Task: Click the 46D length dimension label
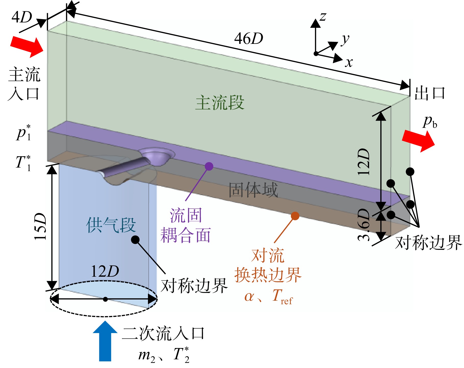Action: [x=249, y=39]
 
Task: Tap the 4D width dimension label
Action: [x=22, y=17]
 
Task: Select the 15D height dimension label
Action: [x=41, y=226]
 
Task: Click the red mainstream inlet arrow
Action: [x=27, y=47]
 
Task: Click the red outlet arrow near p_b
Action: [x=418, y=141]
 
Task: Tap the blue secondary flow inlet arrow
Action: [x=105, y=341]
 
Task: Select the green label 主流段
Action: [x=220, y=103]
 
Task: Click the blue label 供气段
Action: [x=111, y=225]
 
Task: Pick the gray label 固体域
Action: [x=253, y=190]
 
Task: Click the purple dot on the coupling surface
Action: [x=209, y=166]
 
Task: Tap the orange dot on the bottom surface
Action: [x=295, y=216]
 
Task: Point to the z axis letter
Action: [x=323, y=17]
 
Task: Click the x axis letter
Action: [x=349, y=62]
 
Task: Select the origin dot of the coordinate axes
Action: [x=316, y=54]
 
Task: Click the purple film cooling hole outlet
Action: [x=156, y=156]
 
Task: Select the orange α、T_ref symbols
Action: [x=268, y=297]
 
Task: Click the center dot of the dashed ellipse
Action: [x=105, y=299]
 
